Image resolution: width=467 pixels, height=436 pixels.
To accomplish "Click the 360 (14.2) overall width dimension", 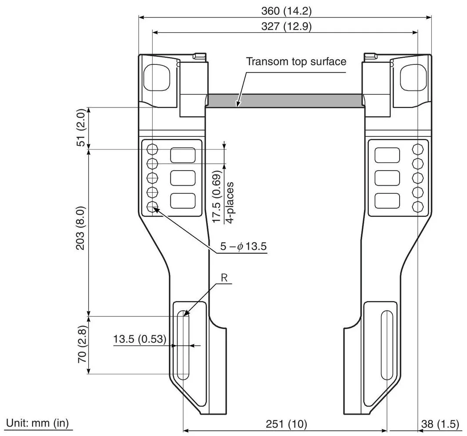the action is click(286, 11).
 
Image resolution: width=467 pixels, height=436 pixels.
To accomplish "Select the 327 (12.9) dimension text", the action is click(286, 27).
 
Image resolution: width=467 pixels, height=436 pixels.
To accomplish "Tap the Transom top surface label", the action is click(296, 61).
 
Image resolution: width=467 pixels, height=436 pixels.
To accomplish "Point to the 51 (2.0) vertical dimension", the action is click(81, 127).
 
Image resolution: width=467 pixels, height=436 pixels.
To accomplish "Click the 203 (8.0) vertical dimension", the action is click(81, 228).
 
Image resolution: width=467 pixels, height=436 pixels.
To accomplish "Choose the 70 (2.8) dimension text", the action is click(82, 344).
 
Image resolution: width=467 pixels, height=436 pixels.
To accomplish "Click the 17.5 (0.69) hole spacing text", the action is click(217, 197).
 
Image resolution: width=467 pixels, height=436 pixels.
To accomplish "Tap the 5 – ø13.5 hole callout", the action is click(244, 246).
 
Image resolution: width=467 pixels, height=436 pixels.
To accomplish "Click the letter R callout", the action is click(224, 278).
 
